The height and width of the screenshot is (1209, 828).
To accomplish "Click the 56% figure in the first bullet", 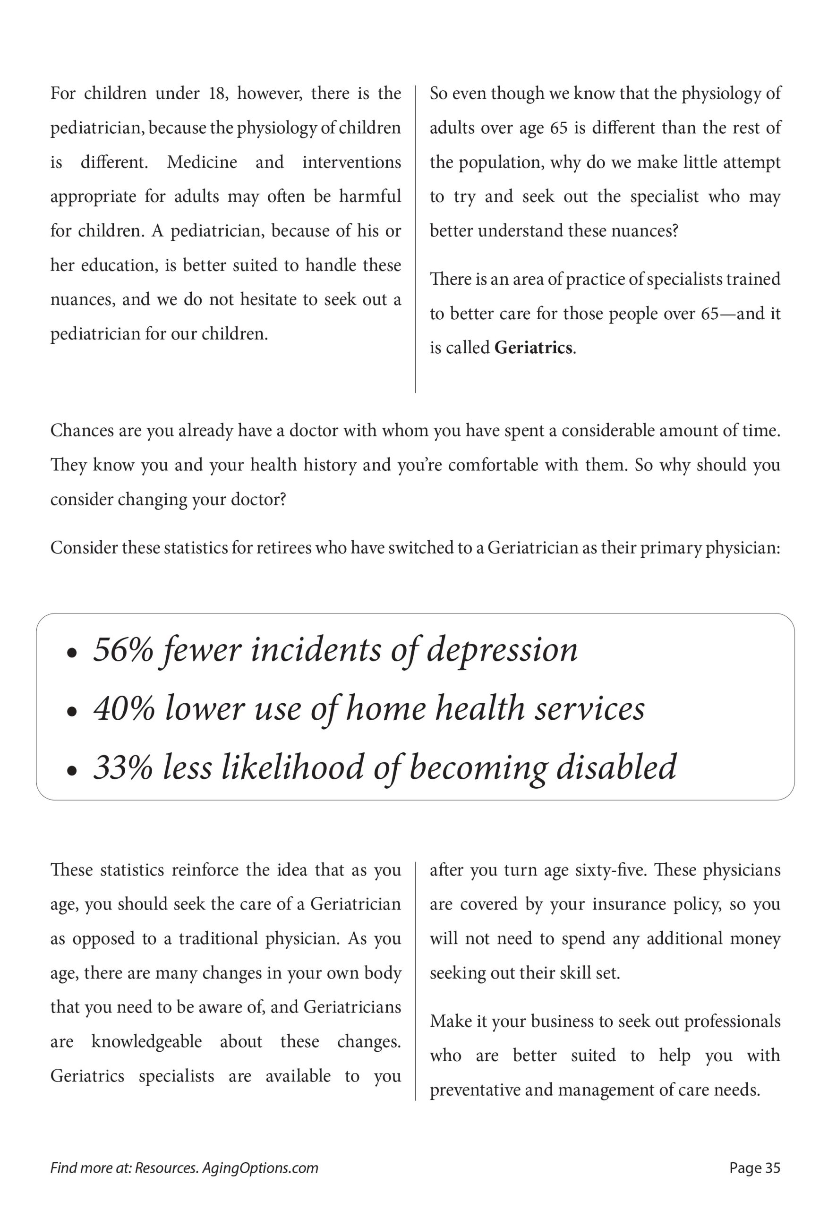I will click(x=123, y=650).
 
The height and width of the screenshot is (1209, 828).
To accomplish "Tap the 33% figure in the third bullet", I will click(x=123, y=767).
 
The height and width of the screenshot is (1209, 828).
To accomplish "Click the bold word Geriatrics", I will click(x=533, y=348).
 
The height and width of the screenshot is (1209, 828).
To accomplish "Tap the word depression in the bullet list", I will click(x=502, y=650).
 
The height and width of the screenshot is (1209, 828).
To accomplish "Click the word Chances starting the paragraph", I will click(x=81, y=431).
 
